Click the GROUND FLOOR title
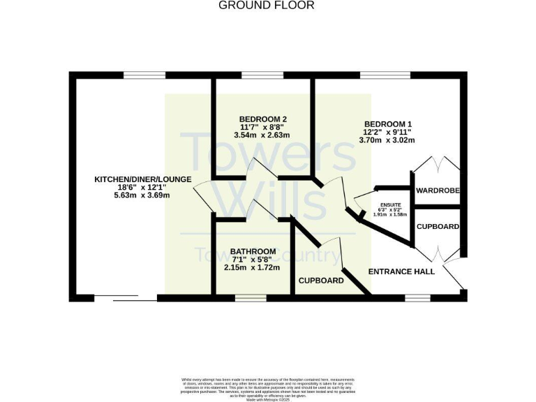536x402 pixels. (x=267, y=6)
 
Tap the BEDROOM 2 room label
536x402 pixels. (x=262, y=119)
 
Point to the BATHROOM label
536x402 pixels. (x=253, y=251)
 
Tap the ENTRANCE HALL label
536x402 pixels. (x=401, y=271)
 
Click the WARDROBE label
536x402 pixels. (x=437, y=191)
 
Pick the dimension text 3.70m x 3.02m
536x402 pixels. (x=388, y=140)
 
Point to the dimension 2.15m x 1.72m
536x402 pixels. (x=252, y=267)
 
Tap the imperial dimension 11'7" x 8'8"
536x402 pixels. (x=262, y=127)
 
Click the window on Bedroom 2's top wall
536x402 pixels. (x=262, y=75)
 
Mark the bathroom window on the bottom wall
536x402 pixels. (x=246, y=298)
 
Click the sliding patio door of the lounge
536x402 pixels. (x=125, y=299)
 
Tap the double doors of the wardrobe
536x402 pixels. (x=437, y=167)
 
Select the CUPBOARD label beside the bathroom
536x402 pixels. (x=321, y=281)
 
